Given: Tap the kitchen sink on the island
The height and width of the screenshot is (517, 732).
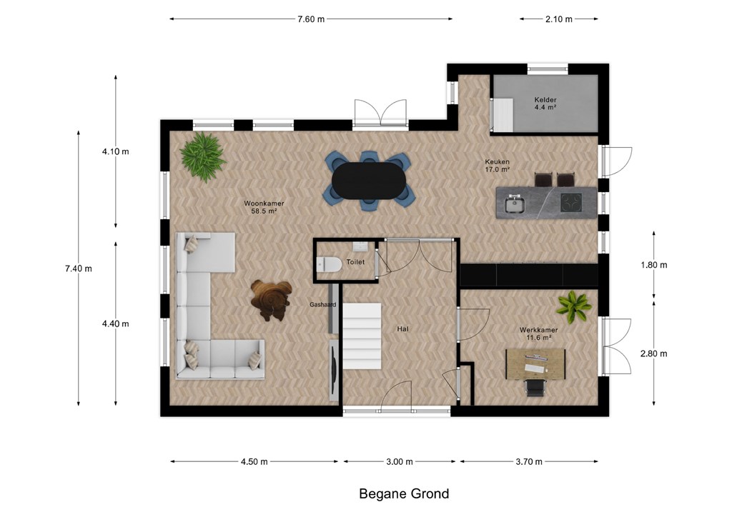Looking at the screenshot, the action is point(515,204).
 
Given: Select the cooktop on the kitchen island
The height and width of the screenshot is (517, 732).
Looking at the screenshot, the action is point(571,203).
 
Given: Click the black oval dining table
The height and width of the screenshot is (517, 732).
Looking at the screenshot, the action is point(369,181).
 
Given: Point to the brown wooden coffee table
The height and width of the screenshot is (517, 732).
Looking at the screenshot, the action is point(271,300).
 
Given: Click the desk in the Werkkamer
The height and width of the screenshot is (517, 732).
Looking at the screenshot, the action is point(535,364).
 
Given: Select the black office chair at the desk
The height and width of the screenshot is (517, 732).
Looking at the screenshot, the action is point(535,388).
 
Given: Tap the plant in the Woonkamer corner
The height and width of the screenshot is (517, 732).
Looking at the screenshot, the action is point(203,156).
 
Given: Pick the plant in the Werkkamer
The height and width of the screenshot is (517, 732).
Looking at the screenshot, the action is point(574,307).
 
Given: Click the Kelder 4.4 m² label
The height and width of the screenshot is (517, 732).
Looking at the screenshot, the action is point(545,103).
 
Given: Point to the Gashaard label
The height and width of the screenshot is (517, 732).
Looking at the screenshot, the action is point(322,305).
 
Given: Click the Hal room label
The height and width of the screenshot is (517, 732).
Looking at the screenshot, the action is point(402,329).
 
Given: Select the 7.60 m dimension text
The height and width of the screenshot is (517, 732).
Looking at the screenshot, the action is point(311,19).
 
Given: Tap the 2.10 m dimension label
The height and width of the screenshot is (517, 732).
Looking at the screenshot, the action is point(559,19).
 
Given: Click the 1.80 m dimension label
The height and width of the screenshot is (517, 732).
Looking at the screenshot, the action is point(653,265).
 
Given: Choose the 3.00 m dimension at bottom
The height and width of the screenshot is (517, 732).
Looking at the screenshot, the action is point(399,461).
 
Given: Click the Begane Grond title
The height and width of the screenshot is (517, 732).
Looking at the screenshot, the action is point(404,493).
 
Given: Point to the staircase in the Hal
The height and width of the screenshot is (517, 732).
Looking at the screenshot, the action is point(362,336).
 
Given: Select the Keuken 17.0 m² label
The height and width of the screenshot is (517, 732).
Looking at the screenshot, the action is point(497,166).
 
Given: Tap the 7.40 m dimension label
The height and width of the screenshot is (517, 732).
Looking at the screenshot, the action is point(79,268).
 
